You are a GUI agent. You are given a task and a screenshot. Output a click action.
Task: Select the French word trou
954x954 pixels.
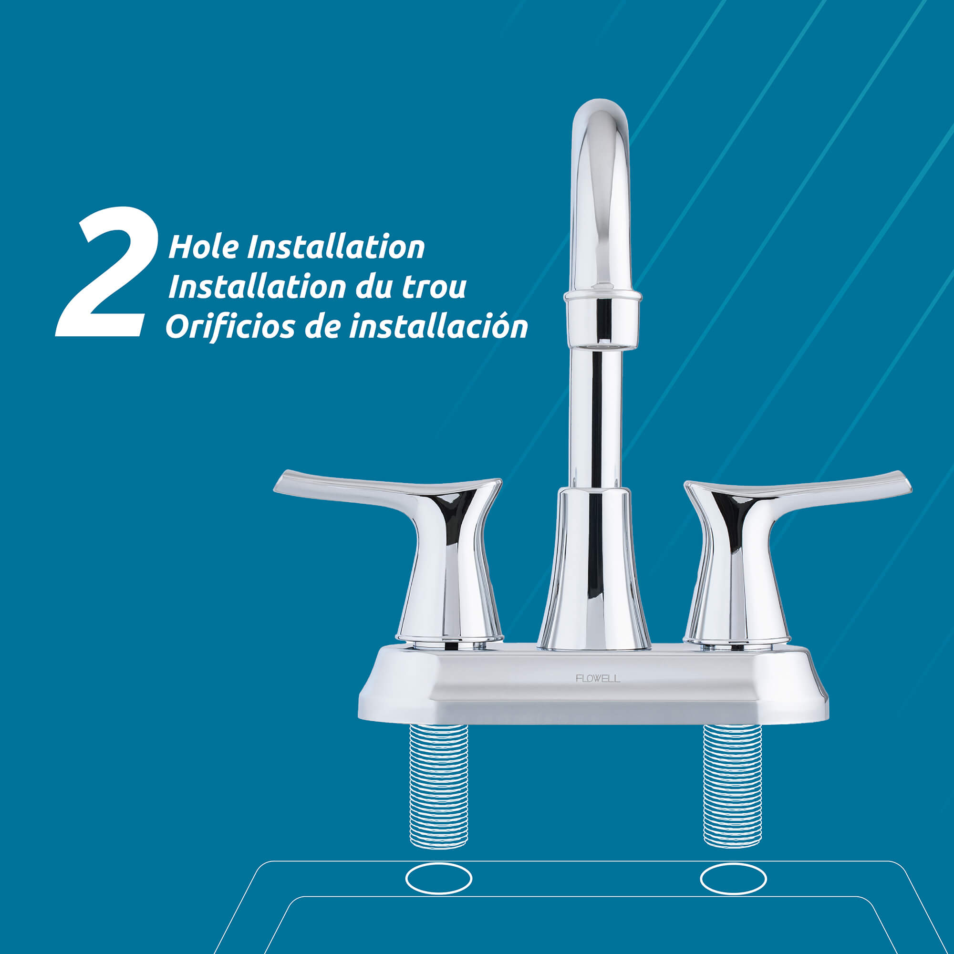coord(434,287)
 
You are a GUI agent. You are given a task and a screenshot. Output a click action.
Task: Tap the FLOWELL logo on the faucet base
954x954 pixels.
coord(598,678)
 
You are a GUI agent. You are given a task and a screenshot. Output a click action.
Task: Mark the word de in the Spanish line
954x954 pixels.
coord(322,326)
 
